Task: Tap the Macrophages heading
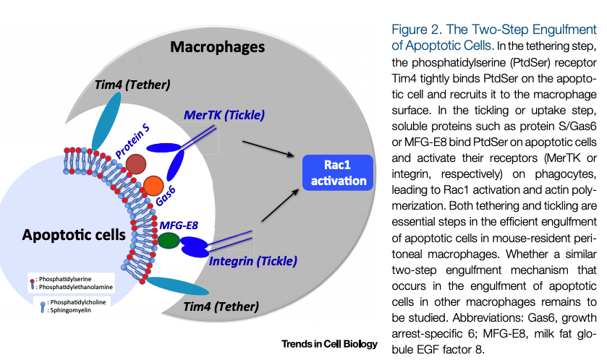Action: [218, 48]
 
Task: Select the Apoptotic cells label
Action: [74, 235]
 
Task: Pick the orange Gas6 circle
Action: [153, 186]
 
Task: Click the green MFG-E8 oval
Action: [169, 240]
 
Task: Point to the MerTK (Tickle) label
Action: [224, 114]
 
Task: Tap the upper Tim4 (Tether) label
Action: [132, 85]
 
